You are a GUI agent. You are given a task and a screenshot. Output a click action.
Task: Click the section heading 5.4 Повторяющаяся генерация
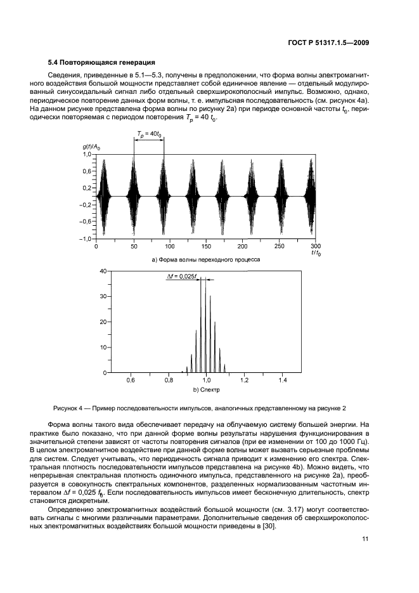pyautogui.click(x=102, y=62)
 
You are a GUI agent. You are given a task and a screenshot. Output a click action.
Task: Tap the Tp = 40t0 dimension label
pyautogui.click(x=148, y=133)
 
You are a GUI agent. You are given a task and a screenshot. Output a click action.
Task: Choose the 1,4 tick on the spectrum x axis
pyautogui.click(x=283, y=380)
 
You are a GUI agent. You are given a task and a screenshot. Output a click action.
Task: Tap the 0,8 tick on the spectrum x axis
pyautogui.click(x=169, y=380)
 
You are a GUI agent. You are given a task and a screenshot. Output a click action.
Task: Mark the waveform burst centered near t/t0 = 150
pyautogui.click(x=205, y=196)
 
